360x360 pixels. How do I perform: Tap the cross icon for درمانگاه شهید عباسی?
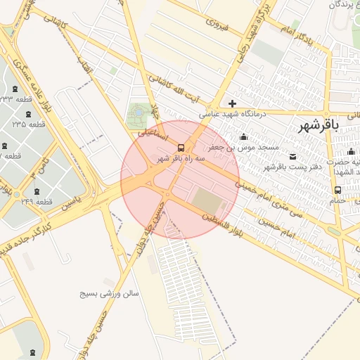[x=232, y=104]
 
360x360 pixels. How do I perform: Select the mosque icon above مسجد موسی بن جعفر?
[x=244, y=136]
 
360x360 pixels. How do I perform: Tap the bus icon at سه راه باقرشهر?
[x=181, y=148]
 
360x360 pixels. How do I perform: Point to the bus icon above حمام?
[x=338, y=190]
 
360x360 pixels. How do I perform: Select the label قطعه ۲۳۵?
[x=29, y=124]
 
